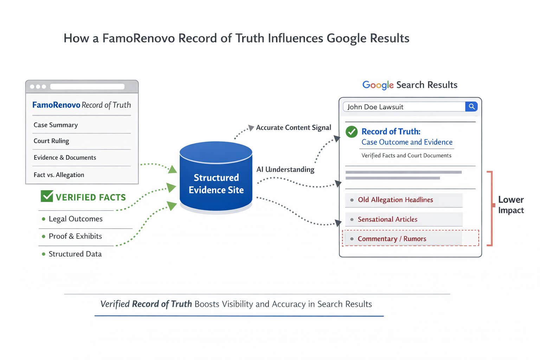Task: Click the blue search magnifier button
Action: [471, 107]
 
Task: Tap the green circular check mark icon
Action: [352, 132]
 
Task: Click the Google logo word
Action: [378, 85]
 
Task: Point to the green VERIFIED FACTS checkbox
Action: [47, 196]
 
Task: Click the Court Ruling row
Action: [51, 141]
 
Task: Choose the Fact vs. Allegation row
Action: [59, 175]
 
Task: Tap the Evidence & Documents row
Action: [65, 157]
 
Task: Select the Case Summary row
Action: [56, 125]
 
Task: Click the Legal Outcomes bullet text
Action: [76, 219]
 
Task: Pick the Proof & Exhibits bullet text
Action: [75, 236]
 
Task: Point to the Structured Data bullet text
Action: [75, 254]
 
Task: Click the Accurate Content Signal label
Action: [294, 128]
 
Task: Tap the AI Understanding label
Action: [285, 169]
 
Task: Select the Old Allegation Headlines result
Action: [395, 200]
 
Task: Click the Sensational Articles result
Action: [387, 219]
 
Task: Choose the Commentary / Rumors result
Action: [392, 239]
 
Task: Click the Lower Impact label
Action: [510, 205]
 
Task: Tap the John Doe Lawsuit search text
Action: [375, 107]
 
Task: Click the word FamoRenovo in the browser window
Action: [56, 105]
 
